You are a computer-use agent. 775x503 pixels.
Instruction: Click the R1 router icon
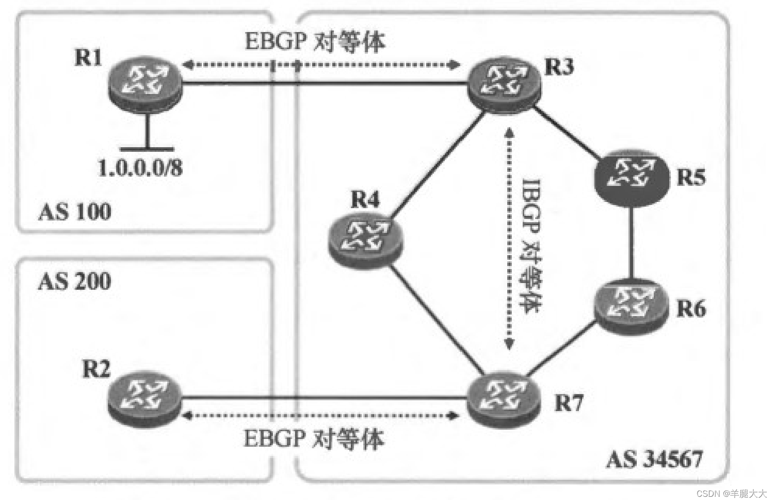coord(145,83)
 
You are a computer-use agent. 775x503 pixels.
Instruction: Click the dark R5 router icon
coord(631,177)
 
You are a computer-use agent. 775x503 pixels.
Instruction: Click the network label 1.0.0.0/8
coord(140,168)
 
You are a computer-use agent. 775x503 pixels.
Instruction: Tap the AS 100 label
coord(75,212)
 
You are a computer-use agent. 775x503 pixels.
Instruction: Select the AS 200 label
coord(75,281)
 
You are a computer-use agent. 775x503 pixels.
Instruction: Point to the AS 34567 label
coord(654,459)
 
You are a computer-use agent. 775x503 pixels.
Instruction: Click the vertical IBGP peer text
coord(530,245)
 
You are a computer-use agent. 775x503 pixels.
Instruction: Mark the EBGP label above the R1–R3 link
coord(315,41)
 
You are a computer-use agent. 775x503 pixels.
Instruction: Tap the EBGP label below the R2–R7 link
coord(314,439)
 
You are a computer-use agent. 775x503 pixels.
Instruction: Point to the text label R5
coord(690,177)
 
